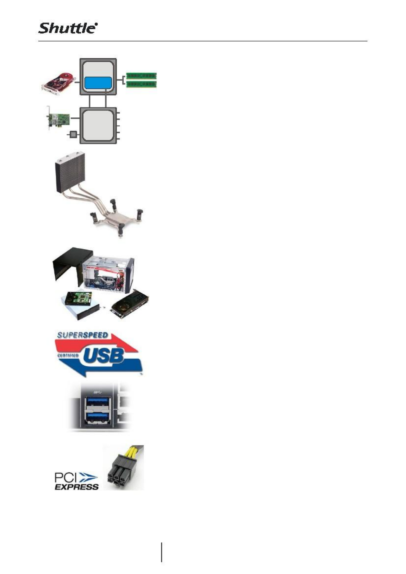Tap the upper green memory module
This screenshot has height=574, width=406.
[x=141, y=76]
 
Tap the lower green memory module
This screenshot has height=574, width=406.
[x=141, y=84]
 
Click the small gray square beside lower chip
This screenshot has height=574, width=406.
[x=72, y=135]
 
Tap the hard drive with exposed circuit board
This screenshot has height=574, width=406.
[x=79, y=300]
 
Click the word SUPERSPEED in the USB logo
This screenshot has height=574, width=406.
[x=83, y=335]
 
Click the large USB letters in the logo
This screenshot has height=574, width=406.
[x=103, y=355]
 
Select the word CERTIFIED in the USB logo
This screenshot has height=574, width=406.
[x=67, y=355]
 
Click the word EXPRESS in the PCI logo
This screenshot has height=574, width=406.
[x=77, y=486]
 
